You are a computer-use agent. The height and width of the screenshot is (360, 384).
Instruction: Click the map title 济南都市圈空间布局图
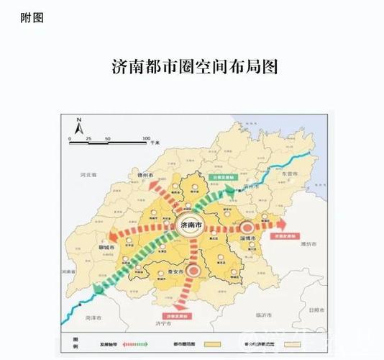pos(195,67)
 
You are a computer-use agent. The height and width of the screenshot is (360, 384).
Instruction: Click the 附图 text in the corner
pos(32,18)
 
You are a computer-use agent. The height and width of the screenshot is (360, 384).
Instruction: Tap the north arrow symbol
pos(80,125)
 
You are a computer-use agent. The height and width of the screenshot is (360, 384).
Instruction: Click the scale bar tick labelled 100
pos(146,138)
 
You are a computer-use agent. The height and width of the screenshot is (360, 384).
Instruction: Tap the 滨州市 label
pos(251,186)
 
